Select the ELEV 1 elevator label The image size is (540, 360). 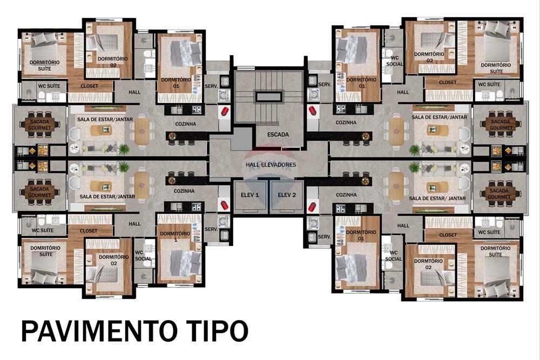pos(250,195)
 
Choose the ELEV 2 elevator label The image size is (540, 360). pos(287,195)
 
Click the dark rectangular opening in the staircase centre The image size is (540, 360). pos(268,97)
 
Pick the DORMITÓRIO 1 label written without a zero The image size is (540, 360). pos(174,236)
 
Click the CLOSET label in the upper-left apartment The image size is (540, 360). pos(89,86)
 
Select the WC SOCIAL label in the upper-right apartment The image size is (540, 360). pos(394,60)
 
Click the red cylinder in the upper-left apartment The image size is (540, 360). pos(224,111)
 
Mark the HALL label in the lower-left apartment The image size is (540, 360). pos(134,223)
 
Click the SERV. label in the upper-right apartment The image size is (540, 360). pos(325,84)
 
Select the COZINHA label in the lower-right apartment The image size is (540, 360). pos(346,194)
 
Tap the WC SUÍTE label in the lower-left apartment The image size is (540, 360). pos(43,232)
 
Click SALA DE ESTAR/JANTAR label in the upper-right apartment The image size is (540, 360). pos(439,117)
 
